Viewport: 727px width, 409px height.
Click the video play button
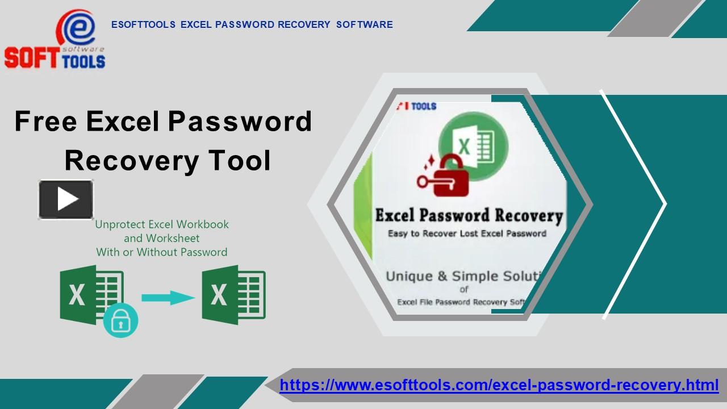[66, 199]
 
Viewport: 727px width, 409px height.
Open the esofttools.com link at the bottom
[499, 385]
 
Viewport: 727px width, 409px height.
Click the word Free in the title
[45, 121]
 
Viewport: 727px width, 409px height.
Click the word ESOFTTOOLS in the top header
[143, 24]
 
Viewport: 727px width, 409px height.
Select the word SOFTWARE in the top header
[364, 24]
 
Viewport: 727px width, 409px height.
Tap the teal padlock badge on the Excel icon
[120, 320]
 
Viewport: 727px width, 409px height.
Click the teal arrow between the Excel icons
[168, 298]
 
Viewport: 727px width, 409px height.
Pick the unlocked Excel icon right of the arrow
[233, 295]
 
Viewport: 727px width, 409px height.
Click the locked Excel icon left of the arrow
[91, 295]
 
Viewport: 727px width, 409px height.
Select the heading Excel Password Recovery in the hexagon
[469, 216]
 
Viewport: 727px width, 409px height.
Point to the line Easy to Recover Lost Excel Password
[467, 233]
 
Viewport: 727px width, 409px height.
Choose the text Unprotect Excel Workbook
[162, 224]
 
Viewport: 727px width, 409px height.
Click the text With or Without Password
[162, 252]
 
